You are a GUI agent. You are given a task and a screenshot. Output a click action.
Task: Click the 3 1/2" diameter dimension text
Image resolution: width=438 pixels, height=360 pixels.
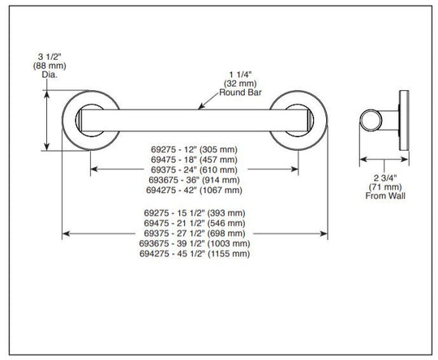click(x=49, y=57)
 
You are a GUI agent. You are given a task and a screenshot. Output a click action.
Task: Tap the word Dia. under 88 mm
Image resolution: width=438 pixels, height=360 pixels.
click(x=49, y=75)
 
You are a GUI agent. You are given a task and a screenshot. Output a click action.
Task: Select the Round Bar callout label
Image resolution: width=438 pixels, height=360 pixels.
click(x=240, y=92)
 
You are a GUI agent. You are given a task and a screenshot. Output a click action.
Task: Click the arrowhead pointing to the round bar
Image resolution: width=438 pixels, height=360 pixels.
click(x=200, y=107)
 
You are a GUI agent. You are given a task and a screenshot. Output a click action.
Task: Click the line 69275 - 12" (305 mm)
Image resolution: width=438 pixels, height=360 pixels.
click(x=194, y=149)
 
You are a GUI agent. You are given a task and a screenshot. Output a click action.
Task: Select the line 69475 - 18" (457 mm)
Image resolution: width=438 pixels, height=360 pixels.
click(x=194, y=160)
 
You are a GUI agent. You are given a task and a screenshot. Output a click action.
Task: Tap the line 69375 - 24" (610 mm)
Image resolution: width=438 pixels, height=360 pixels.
click(x=194, y=169)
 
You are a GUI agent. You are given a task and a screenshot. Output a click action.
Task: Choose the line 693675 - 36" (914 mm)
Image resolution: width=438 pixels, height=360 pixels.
click(x=194, y=180)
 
